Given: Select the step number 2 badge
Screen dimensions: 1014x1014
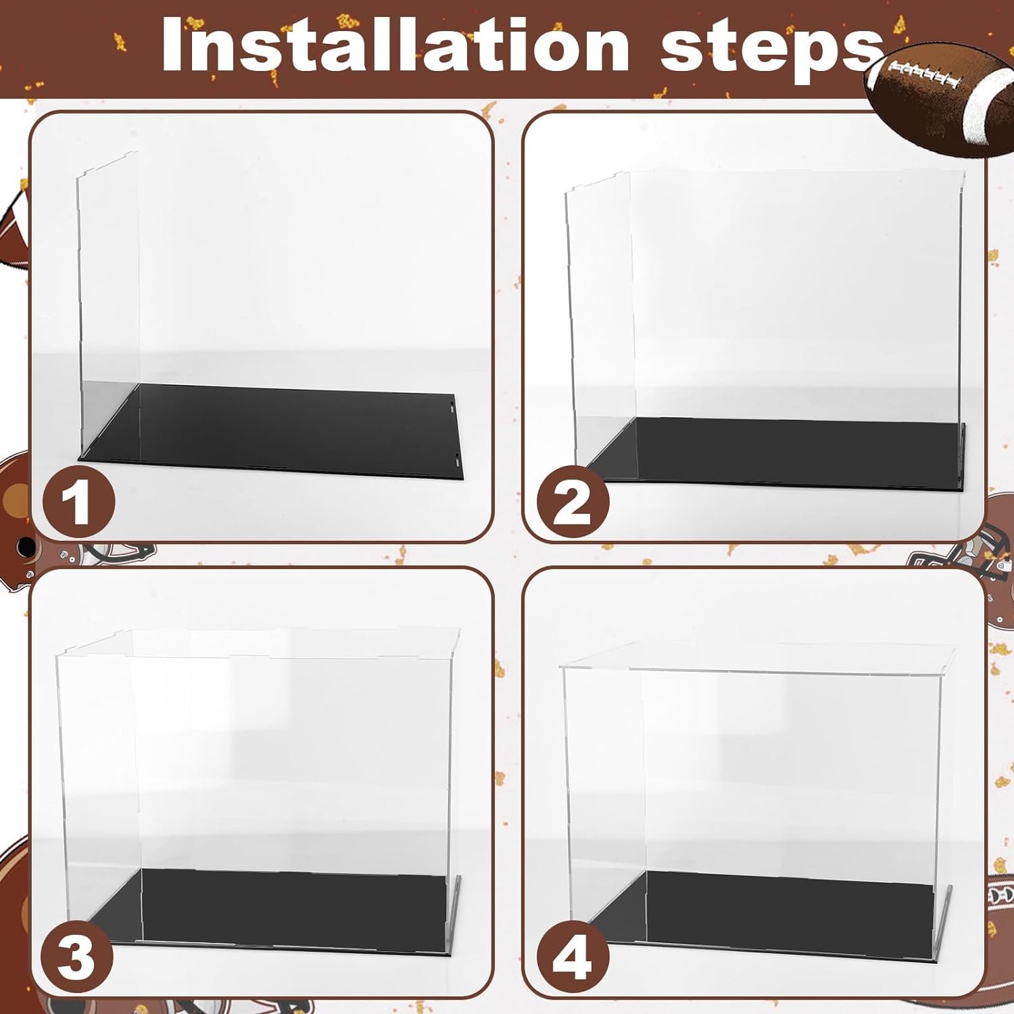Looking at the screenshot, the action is click(573, 502).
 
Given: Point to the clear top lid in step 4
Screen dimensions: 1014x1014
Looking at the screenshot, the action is click(764, 656).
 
